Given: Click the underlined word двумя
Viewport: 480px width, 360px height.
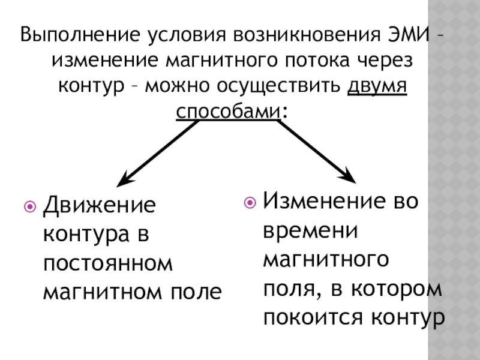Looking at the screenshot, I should pos(378,87).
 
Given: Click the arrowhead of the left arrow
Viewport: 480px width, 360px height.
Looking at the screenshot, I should pos(123,179).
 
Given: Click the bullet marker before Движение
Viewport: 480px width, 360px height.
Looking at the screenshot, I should pos(30,206).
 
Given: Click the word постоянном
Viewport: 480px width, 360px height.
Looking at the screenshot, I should pos(107,263).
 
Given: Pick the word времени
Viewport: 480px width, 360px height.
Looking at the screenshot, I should pos(310,230).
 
